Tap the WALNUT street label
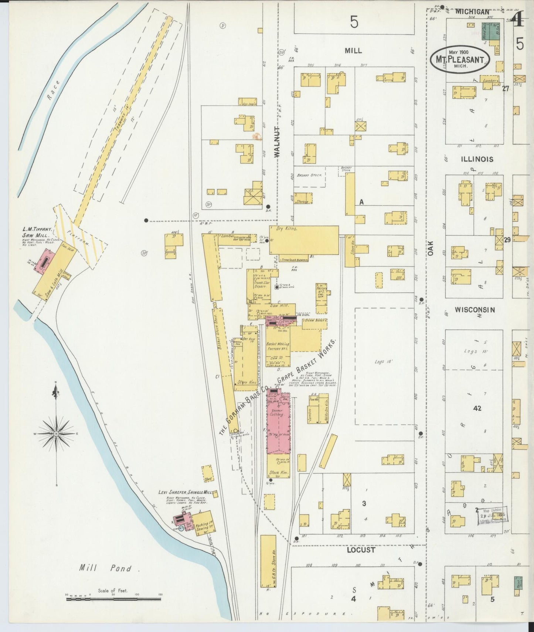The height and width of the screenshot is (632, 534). [278, 142]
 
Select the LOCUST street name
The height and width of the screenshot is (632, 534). [361, 550]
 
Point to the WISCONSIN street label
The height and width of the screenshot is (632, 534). [475, 310]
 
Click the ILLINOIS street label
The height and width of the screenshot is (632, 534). [477, 159]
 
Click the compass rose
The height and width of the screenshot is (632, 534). [56, 433]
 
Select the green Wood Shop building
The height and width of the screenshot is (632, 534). [485, 31]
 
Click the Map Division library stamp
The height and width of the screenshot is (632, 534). [493, 514]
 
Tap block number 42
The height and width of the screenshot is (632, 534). [477, 408]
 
